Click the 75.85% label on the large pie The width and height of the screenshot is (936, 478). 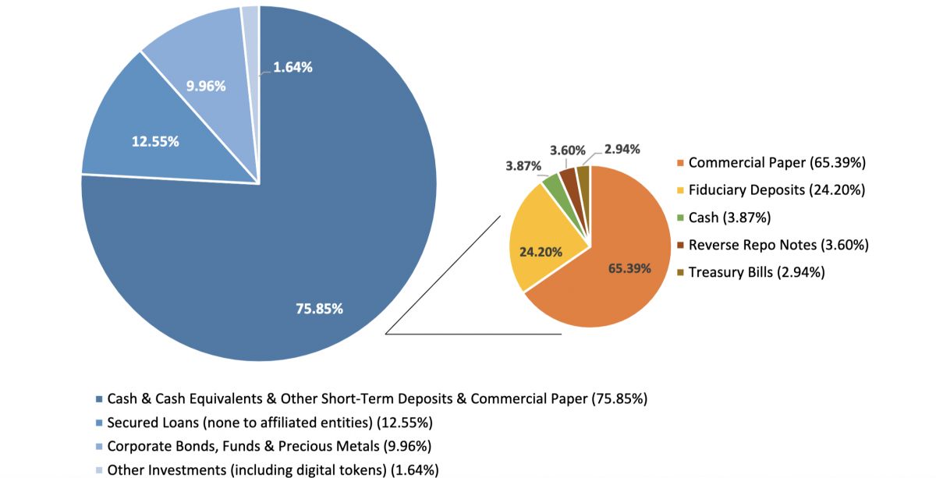click(x=319, y=309)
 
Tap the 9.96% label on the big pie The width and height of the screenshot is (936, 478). click(x=206, y=86)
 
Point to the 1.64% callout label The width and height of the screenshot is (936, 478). click(x=293, y=67)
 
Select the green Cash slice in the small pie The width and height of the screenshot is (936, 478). click(x=553, y=185)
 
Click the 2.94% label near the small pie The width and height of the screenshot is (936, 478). click(x=622, y=149)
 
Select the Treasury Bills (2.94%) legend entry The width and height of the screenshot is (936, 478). click(x=756, y=272)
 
